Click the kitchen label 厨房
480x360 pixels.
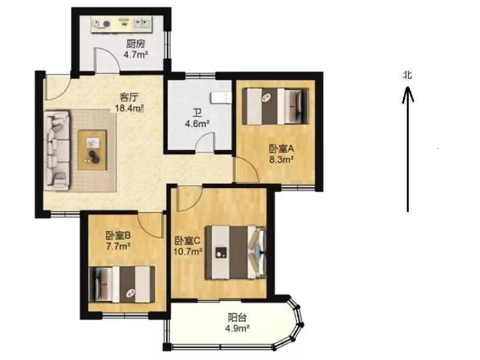coord(136,44)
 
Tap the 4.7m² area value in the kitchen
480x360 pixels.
coord(136,55)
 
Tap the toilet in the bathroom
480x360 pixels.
coord(221,98)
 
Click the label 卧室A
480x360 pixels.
coord(281,149)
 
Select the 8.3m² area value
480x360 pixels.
coord(281,160)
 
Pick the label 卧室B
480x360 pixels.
coord(118,235)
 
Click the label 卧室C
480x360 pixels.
coord(187,241)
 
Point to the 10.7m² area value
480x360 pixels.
coord(188,252)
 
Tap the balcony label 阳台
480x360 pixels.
coord(237,317)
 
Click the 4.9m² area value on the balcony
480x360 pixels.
coord(237,328)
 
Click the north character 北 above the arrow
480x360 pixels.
coord(407,75)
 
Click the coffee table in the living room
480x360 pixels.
coord(92,150)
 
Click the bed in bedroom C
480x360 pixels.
coord(235,252)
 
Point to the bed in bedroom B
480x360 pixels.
coord(122,285)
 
